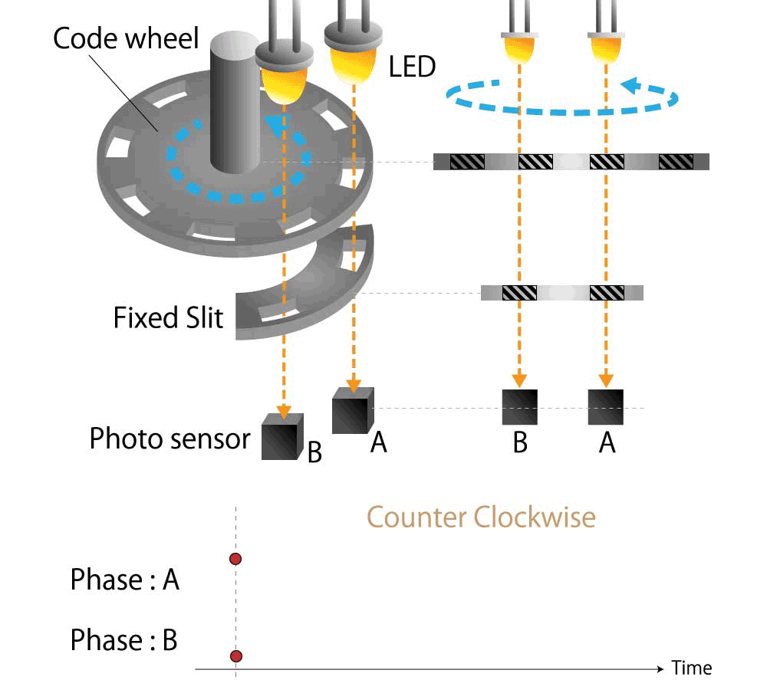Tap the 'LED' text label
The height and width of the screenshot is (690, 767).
(412, 67)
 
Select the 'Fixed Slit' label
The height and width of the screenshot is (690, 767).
(169, 317)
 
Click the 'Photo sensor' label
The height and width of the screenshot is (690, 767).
(170, 439)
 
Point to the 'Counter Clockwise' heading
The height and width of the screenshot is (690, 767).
(481, 517)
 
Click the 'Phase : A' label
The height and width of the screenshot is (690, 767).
(124, 580)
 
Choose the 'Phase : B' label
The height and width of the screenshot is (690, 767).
(123, 639)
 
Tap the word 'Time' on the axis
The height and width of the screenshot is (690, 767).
(692, 669)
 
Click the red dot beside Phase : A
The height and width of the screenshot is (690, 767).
(235, 559)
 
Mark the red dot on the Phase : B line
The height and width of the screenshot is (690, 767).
(235, 655)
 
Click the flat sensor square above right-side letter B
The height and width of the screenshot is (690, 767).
(519, 407)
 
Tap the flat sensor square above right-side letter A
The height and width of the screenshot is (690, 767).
(606, 407)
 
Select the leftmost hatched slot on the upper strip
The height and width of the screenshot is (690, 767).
(467, 162)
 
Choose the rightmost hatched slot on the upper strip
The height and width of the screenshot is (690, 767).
(676, 162)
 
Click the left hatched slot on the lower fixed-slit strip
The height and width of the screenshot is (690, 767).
(519, 292)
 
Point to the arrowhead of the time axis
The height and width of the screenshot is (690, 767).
(660, 669)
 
